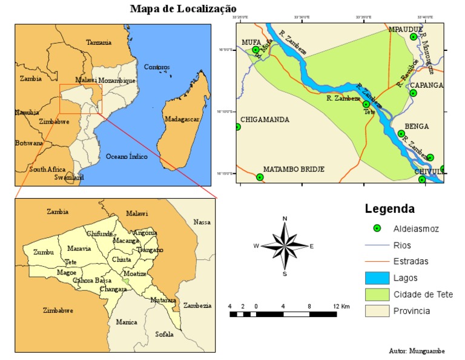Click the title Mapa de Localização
coord(183,8)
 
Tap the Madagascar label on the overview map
coord(182,119)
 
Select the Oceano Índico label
coord(127,156)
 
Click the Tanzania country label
coord(99,42)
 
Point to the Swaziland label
coord(69,178)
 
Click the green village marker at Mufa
coord(256,50)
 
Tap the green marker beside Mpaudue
coord(414,37)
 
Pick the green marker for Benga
coord(401,133)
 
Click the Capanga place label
coord(427,85)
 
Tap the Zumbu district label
coord(44,252)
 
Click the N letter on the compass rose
coord(285,218)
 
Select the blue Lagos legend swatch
coord(378,278)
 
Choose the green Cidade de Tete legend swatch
coord(378,295)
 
